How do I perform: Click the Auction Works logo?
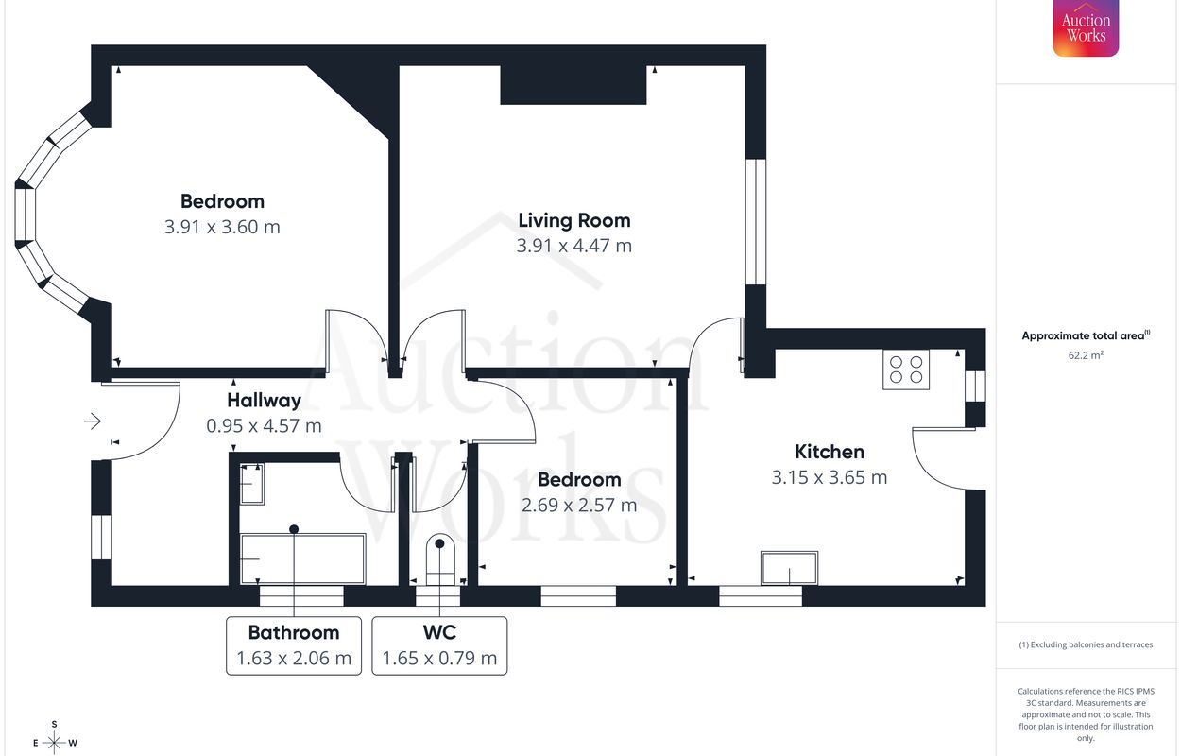pos(1086,28)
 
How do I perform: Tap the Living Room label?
pos(574,220)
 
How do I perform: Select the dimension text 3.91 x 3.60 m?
pos(222,227)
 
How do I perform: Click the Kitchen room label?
pos(830,452)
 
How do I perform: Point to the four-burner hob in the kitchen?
pos(906,369)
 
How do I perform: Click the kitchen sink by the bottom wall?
pos(789,568)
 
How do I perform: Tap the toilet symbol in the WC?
pos(439,559)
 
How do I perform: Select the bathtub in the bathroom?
pos(302,558)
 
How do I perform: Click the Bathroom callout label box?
pos(294,645)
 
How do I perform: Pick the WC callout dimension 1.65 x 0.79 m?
pos(439,658)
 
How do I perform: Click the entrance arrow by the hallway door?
pos(93,421)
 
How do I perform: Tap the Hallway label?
pos(265,401)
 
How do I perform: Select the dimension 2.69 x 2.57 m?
pos(579,505)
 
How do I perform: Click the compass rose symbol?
pos(54,742)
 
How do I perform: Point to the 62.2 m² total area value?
pos(1086,355)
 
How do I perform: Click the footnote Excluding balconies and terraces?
pos(1086,644)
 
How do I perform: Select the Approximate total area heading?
pos(1086,335)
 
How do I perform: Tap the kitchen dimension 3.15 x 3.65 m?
pos(830,477)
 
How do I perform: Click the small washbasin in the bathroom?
pos(252,484)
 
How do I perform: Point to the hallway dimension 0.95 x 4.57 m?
pos(264,426)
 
